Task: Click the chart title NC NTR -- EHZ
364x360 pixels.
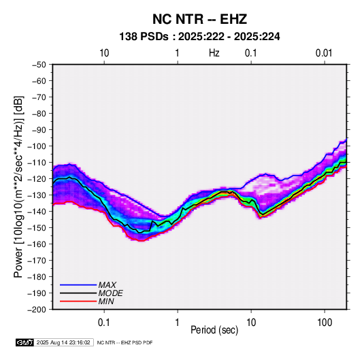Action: [199, 19]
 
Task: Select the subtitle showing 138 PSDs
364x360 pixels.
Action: [199, 37]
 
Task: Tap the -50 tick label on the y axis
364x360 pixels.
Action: [39, 65]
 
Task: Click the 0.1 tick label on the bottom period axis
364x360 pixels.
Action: [104, 323]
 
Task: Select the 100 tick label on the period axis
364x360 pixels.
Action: [325, 323]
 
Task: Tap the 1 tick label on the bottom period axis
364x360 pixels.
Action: [177, 323]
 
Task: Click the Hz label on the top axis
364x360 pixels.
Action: [214, 53]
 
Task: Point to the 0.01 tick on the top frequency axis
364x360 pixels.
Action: [324, 53]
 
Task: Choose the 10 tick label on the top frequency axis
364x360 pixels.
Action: [104, 53]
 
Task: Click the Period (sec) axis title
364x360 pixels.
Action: [214, 330]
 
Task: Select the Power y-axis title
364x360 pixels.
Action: [18, 187]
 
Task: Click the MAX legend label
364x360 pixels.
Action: [107, 285]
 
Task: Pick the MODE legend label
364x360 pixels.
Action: [110, 293]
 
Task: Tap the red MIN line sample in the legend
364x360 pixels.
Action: [78, 301]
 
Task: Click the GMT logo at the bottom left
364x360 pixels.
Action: [25, 342]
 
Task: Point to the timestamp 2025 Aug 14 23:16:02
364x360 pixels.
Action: [63, 342]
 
